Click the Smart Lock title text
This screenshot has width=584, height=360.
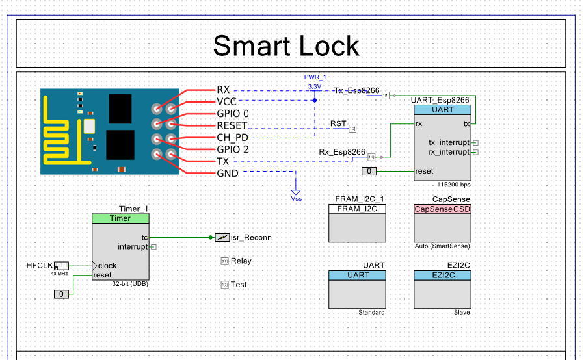(x=286, y=46)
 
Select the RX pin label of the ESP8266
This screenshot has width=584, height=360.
(x=223, y=90)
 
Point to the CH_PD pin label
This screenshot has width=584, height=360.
(x=233, y=137)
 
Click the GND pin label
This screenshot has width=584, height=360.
(x=228, y=174)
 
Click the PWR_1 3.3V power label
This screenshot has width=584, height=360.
(x=315, y=81)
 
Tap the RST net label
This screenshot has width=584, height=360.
(x=338, y=123)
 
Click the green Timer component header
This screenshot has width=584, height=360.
(x=120, y=218)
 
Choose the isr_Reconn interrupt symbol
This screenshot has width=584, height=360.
(x=222, y=237)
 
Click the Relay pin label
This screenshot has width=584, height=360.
(x=241, y=261)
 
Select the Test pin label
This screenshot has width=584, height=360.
(x=239, y=285)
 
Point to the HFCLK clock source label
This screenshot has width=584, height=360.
(x=38, y=265)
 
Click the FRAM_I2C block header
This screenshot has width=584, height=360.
(x=358, y=209)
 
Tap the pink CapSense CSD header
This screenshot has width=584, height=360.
(x=442, y=209)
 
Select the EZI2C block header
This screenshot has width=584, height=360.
(x=442, y=275)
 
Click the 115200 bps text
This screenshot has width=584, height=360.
(x=453, y=184)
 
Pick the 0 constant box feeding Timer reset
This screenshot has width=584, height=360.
(x=62, y=294)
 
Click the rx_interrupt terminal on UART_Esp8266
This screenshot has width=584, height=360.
(x=449, y=152)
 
